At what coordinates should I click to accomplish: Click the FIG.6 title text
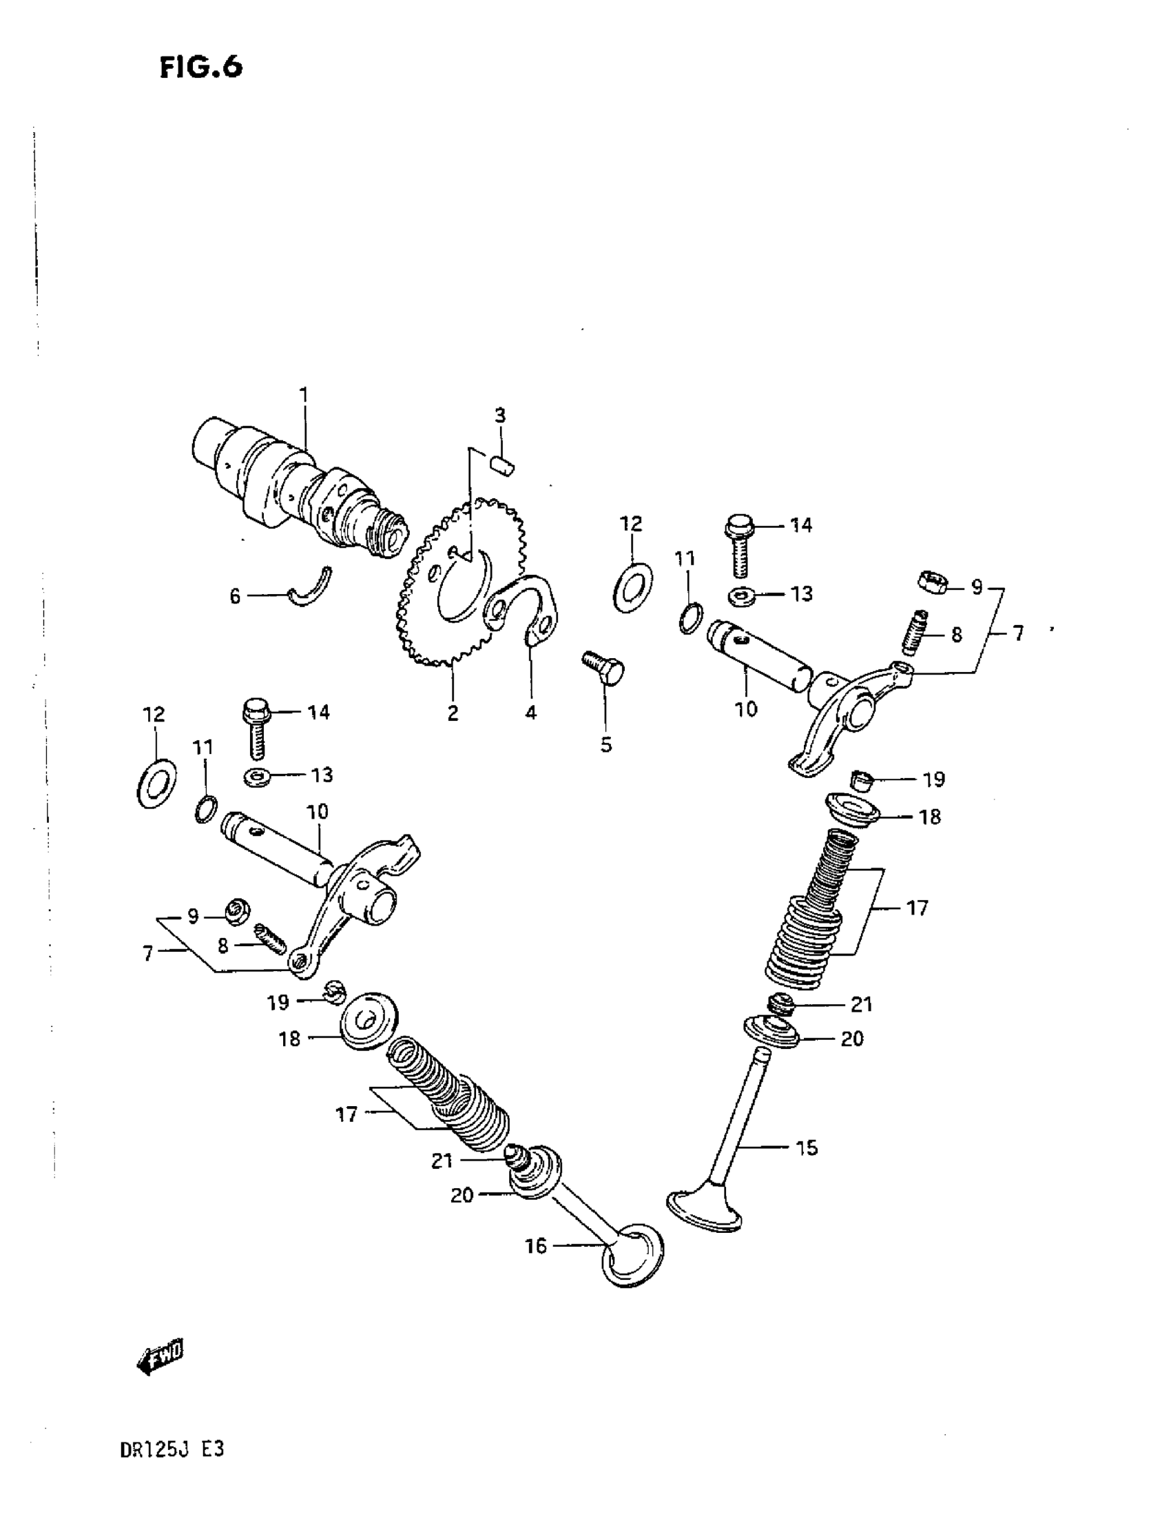coord(200,68)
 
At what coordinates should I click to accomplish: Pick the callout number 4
coord(530,713)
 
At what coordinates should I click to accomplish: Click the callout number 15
coord(806,1147)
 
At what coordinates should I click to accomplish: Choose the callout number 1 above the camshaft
coord(304,396)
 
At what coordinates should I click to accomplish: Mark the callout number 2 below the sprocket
coord(453,713)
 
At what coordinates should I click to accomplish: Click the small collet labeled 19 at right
coord(864,780)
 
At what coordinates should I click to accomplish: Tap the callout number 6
coord(236,596)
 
